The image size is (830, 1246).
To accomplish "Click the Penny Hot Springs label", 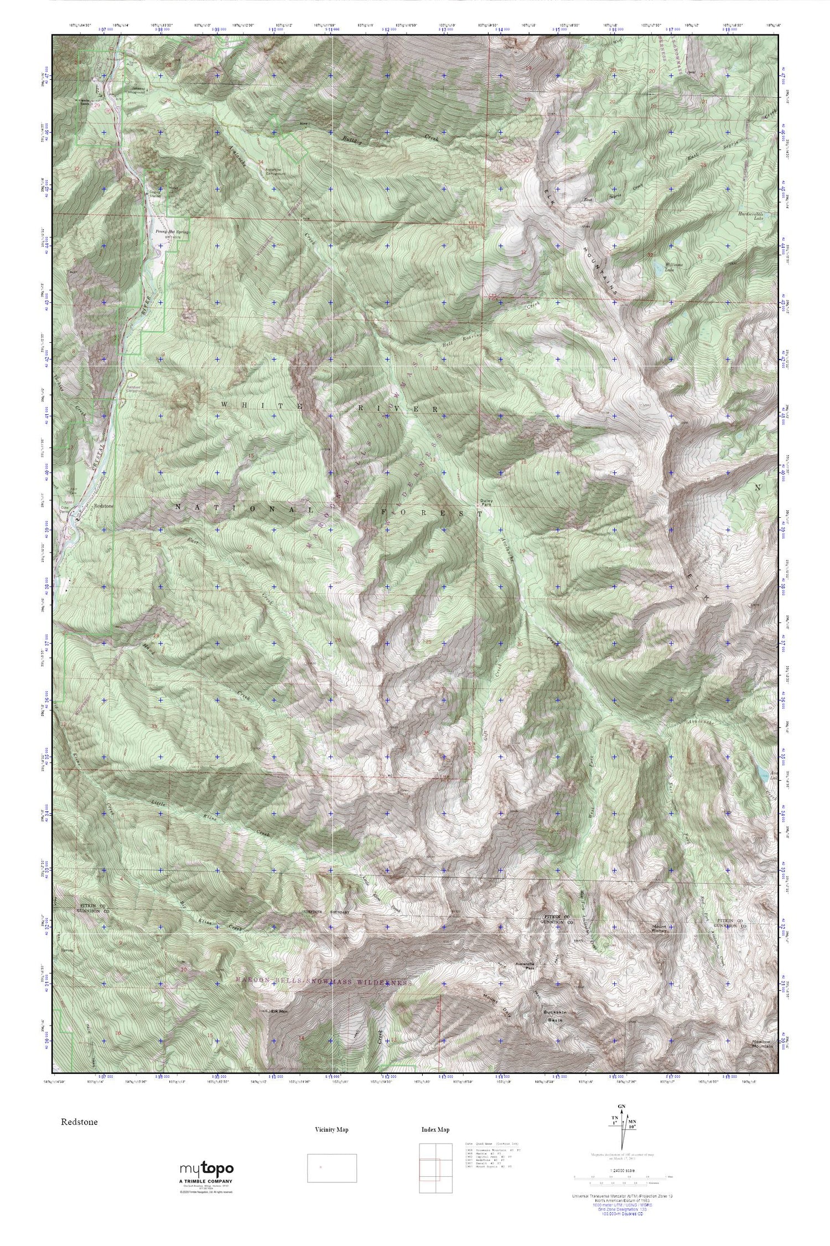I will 169,233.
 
